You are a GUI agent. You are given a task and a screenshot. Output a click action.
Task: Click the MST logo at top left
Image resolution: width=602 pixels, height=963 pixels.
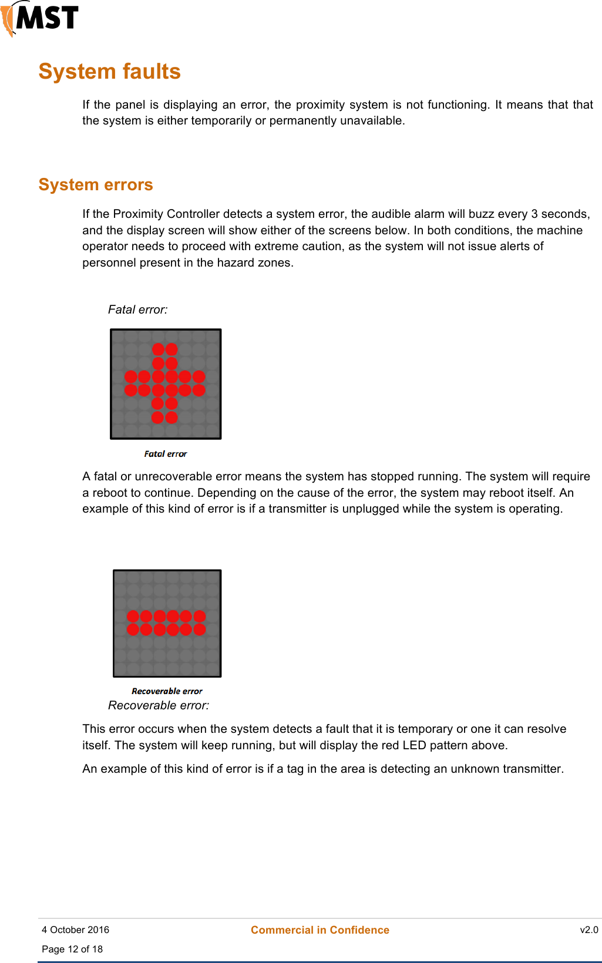coord(40,18)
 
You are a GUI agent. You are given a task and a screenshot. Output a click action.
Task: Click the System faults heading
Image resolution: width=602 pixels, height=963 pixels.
coord(109,72)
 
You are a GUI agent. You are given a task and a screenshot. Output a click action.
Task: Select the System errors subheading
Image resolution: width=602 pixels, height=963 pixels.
coord(96,185)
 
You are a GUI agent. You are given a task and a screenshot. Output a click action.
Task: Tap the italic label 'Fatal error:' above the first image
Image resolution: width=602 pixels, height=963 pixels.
coord(137,309)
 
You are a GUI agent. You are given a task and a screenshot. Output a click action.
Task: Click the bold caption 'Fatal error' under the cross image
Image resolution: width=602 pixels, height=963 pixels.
coord(166,454)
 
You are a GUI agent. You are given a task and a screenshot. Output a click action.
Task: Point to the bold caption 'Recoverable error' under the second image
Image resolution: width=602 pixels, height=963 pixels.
coord(167,691)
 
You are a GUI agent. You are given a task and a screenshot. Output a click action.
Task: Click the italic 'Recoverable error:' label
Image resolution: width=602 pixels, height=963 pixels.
coord(159,705)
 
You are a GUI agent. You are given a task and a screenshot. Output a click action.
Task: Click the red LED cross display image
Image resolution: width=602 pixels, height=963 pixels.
coord(166,384)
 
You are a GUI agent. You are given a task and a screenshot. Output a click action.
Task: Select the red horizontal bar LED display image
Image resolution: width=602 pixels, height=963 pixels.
coord(167,623)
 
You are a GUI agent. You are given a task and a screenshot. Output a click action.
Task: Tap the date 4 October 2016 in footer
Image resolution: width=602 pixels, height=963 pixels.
coord(75,930)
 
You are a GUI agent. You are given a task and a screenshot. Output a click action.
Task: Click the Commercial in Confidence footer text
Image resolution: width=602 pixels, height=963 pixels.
coord(320,930)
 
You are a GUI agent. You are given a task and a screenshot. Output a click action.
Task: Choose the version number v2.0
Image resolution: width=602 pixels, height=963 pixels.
coord(588,930)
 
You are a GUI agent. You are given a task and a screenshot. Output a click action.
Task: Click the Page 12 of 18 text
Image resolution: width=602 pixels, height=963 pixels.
coord(72,949)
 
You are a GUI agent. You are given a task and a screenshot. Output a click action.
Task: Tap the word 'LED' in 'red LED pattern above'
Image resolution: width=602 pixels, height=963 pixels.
coord(414,745)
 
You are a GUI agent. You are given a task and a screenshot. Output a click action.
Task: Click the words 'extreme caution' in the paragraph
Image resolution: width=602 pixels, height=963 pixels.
coord(304,246)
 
